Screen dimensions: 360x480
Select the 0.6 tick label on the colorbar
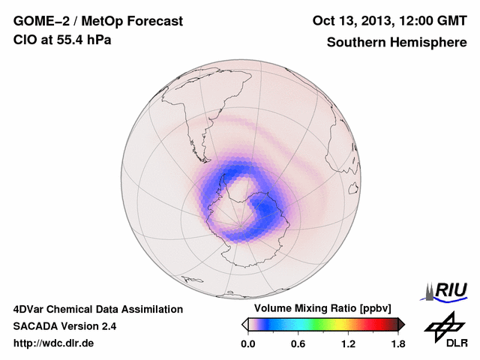pyautogui.click(x=298, y=343)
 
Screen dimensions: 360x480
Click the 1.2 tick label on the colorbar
pyautogui.click(x=348, y=343)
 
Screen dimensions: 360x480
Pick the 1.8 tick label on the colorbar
pyautogui.click(x=397, y=343)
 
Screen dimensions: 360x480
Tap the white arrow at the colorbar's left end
pyautogui.click(x=244, y=324)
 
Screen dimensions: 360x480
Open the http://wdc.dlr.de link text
pyautogui.click(x=54, y=343)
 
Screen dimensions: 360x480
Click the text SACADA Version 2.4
pyautogui.click(x=64, y=326)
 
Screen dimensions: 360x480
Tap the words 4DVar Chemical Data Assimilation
pyautogui.click(x=97, y=309)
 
